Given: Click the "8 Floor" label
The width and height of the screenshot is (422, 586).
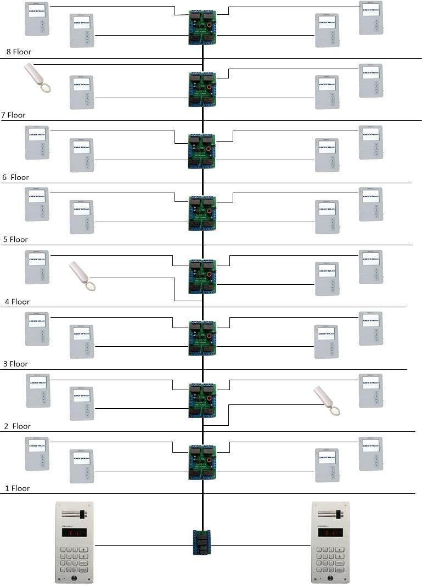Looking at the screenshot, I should click(x=18, y=52).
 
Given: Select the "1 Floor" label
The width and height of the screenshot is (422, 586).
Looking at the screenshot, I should click(x=18, y=488).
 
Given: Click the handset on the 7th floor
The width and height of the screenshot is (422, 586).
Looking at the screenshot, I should click(x=38, y=78).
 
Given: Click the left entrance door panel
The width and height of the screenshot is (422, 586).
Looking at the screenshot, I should click(x=74, y=542).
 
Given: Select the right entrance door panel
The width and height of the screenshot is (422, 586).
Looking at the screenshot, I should click(x=330, y=542).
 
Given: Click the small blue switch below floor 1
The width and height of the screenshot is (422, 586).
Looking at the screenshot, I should click(x=202, y=542).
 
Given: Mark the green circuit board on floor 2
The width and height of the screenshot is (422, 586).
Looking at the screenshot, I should click(x=202, y=401).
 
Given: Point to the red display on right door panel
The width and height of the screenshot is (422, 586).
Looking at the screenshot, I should click(x=330, y=532).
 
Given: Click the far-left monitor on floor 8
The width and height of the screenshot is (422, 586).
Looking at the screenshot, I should click(x=37, y=19).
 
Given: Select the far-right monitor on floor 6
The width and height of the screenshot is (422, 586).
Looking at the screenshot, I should click(x=370, y=143).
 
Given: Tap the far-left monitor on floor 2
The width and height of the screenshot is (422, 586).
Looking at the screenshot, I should click(x=38, y=391).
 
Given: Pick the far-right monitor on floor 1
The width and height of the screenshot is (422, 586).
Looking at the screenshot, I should click(x=370, y=454).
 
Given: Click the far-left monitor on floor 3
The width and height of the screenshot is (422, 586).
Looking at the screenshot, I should click(x=37, y=329).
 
